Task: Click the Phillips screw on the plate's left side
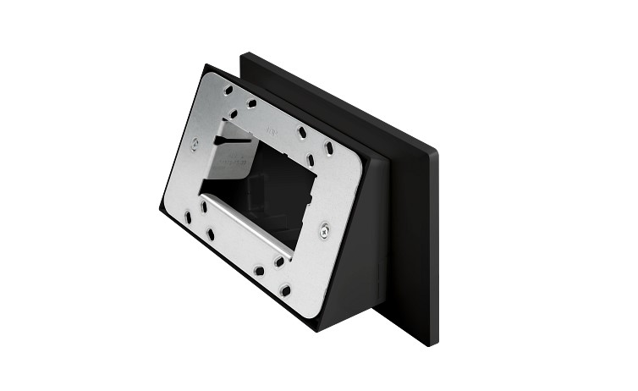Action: pos(195,144)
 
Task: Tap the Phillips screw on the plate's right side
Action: pos(324,229)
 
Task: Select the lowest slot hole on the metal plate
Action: pos(285,290)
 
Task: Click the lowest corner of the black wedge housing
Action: pos(317,329)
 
